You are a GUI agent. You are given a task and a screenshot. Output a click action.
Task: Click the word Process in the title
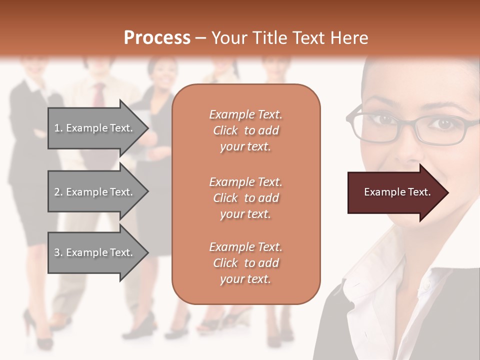(157, 37)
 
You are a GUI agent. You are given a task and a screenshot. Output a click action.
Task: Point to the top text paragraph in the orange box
(245, 130)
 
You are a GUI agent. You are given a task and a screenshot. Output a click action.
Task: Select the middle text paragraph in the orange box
(245, 198)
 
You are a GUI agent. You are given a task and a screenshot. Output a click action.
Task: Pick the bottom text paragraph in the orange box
(245, 263)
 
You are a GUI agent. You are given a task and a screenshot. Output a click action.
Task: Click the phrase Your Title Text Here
(289, 38)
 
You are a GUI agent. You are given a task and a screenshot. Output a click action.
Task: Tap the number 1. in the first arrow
(58, 128)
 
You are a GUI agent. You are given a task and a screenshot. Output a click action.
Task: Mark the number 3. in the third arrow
(58, 252)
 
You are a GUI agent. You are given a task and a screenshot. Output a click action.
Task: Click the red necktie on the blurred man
(99, 95)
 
